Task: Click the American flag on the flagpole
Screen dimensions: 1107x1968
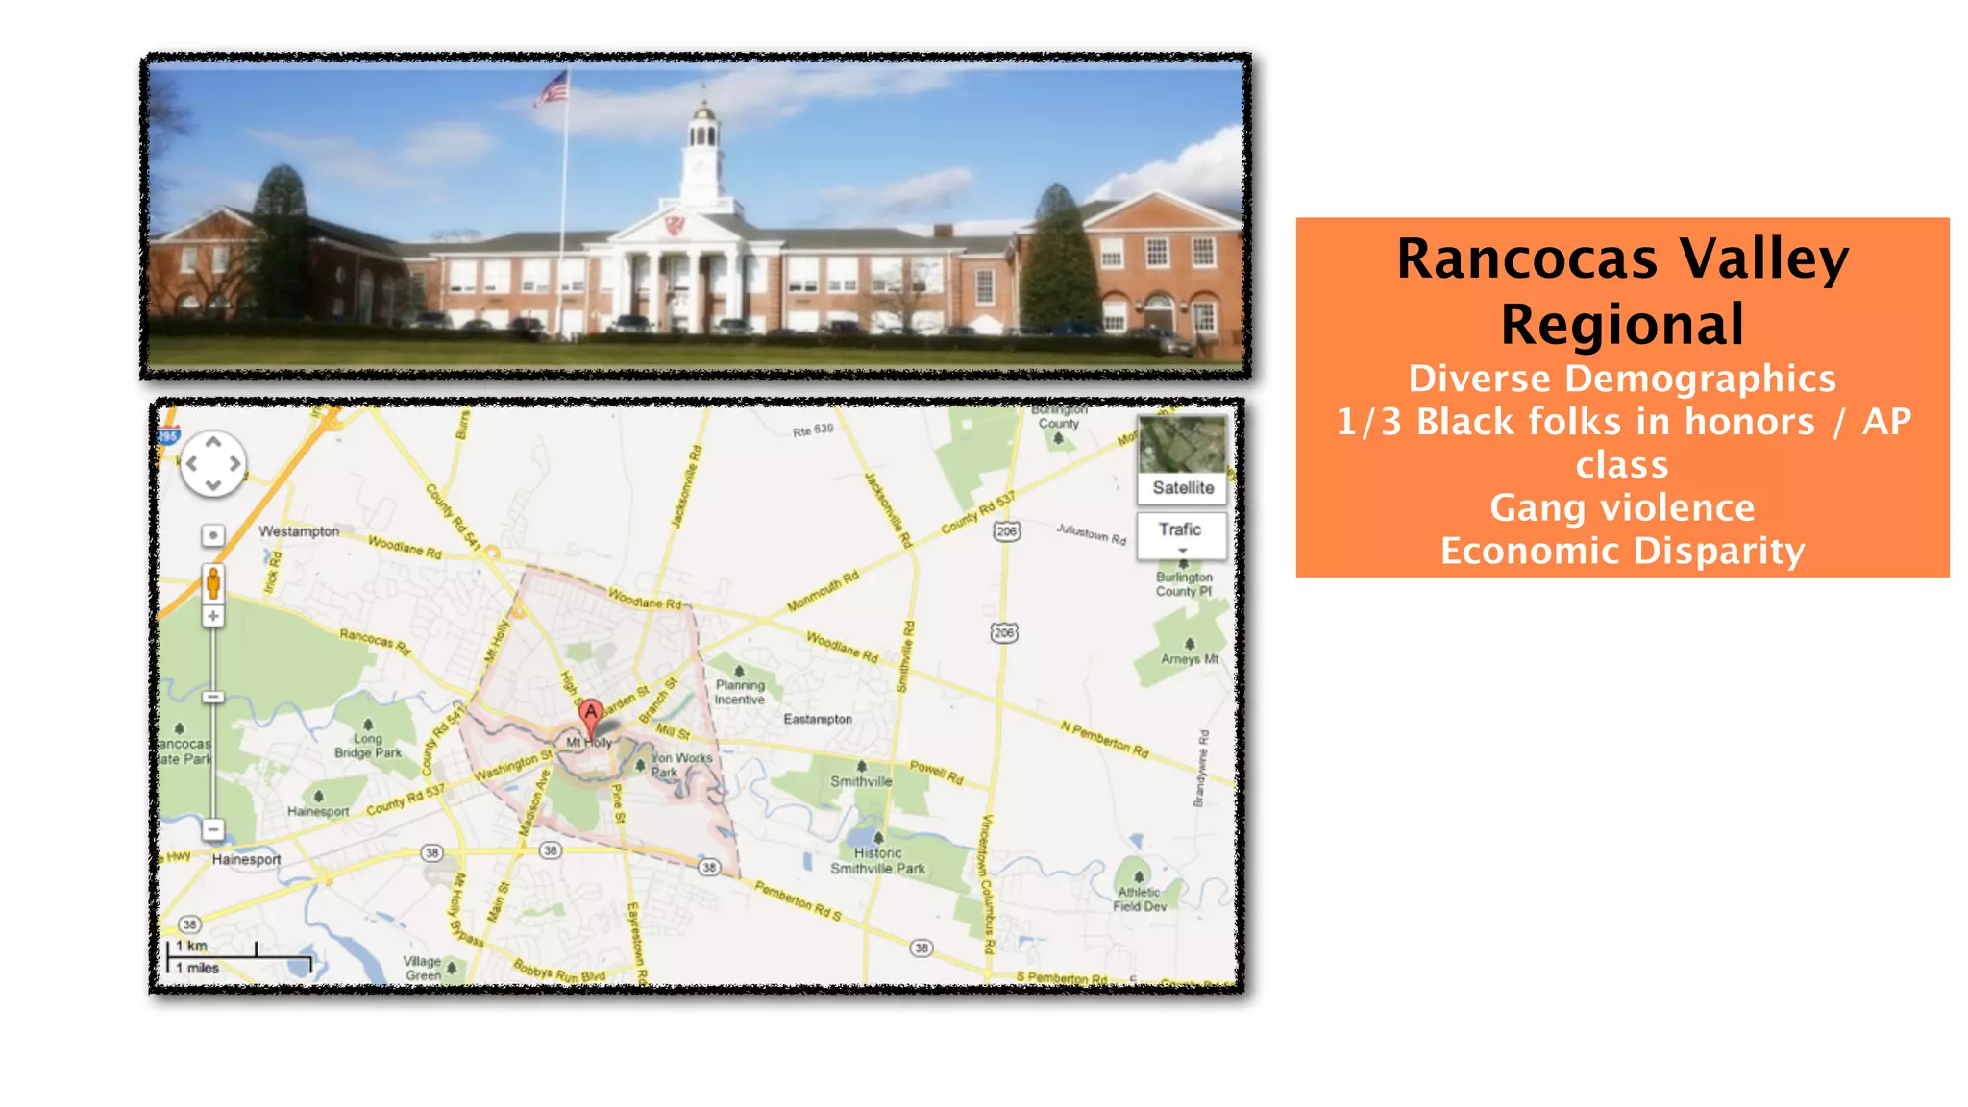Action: click(553, 88)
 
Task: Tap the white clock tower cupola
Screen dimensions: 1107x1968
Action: click(703, 154)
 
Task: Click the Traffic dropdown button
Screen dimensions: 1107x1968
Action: click(1181, 535)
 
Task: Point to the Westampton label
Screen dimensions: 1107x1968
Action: click(299, 531)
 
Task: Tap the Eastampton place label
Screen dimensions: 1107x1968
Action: click(818, 719)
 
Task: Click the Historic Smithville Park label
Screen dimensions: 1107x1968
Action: click(877, 860)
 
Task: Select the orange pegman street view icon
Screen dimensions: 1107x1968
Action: click(213, 582)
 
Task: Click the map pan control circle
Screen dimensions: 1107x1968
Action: click(213, 464)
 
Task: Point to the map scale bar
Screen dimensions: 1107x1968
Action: click(239, 956)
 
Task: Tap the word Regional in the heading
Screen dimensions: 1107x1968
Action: click(1622, 325)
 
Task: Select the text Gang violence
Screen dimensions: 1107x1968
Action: click(1622, 507)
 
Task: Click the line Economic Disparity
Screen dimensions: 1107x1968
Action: click(1622, 551)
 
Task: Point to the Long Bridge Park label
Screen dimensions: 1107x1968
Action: click(367, 746)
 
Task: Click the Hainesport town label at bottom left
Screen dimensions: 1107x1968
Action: click(246, 859)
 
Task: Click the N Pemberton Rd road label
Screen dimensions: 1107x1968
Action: click(1104, 739)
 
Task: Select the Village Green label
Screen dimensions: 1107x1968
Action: click(422, 968)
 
